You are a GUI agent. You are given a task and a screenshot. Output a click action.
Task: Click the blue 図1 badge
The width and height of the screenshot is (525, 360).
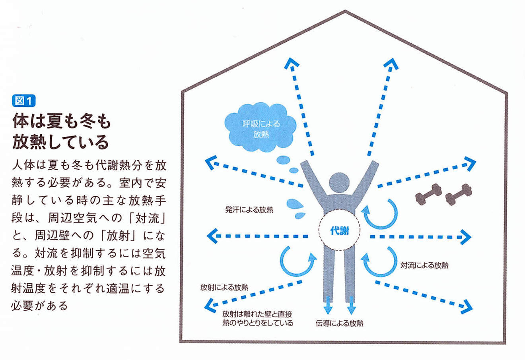(x=24, y=101)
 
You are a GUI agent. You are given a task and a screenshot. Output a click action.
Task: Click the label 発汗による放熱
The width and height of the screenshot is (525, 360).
(x=249, y=209)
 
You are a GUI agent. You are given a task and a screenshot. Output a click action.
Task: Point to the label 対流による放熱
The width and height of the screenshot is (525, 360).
(x=424, y=265)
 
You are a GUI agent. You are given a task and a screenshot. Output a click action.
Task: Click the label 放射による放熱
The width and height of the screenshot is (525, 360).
(x=224, y=287)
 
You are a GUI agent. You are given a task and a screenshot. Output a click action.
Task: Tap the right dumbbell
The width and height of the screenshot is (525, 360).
(x=458, y=194)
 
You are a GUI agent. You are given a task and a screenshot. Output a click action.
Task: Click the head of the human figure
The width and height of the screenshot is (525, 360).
(x=339, y=182)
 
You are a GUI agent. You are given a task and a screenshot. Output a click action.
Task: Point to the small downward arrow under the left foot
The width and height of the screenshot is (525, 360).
(x=328, y=306)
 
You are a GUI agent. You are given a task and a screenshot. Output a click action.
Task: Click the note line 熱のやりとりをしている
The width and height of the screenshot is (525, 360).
(x=258, y=323)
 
